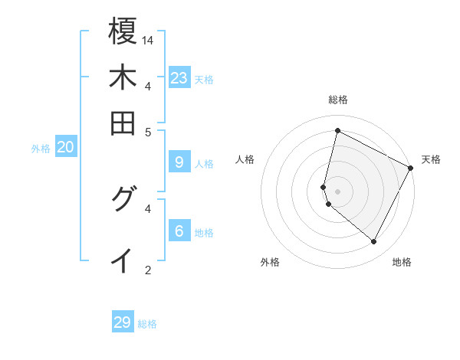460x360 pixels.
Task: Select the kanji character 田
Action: tap(123, 123)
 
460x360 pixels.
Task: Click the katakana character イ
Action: tap(123, 260)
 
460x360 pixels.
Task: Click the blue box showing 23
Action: tap(179, 78)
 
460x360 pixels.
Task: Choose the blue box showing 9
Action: tap(179, 162)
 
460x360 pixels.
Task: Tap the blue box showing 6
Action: tap(179, 231)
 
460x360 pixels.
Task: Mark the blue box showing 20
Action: tap(66, 148)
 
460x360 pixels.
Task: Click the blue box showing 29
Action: tap(123, 322)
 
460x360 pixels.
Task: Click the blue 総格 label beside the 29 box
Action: tap(148, 324)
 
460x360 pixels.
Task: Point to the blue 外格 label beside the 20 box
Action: tap(41, 149)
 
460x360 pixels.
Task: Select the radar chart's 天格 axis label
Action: tap(431, 159)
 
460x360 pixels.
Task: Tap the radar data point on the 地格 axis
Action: tap(373, 242)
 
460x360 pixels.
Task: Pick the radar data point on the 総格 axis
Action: tap(337, 130)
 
